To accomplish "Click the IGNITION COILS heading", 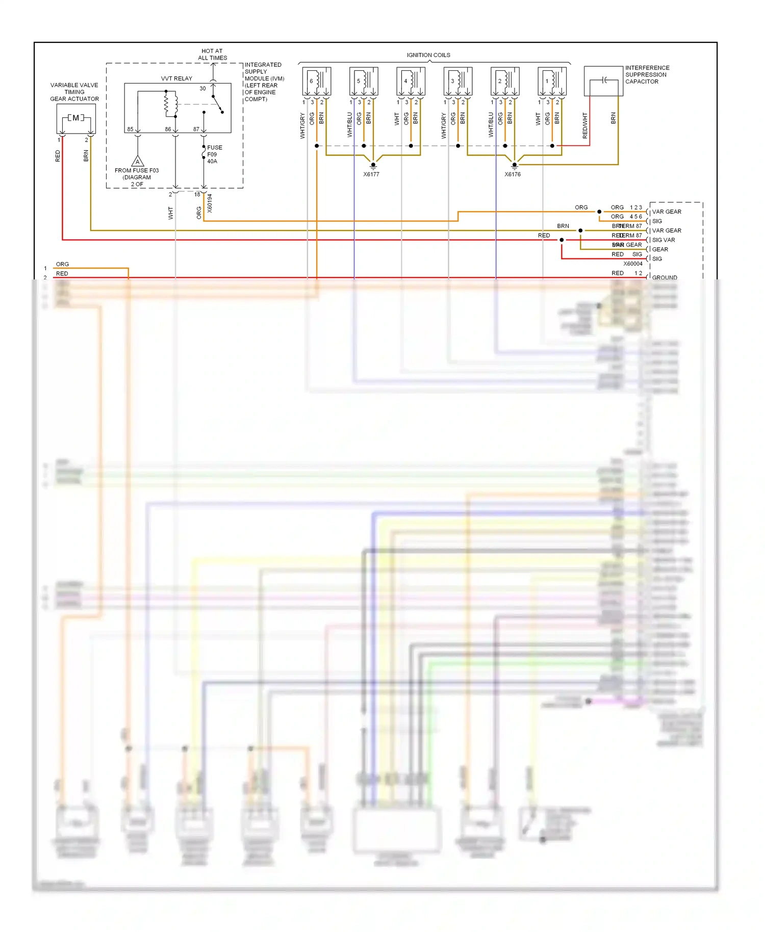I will [x=428, y=55].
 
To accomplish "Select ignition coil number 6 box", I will [x=317, y=81].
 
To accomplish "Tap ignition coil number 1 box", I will [x=552, y=81].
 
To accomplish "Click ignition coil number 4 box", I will [x=411, y=81].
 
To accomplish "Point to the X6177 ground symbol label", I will [x=371, y=174].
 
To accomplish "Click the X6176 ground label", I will [x=513, y=174].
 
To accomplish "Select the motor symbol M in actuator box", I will [x=76, y=118].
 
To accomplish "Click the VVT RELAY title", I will [x=176, y=79].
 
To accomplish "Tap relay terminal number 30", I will [x=202, y=89].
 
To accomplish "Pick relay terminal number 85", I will [x=131, y=130].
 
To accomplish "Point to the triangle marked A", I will [x=138, y=162].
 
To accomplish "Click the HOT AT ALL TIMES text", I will [x=212, y=55].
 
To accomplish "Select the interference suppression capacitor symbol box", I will [x=603, y=81].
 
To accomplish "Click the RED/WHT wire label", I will [x=585, y=125].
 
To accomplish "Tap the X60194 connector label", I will [x=210, y=203].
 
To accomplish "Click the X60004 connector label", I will [x=633, y=264].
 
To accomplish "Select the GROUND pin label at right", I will [x=665, y=277].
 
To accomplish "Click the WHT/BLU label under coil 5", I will [x=350, y=125].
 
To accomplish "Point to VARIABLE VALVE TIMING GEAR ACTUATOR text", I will [x=74, y=92].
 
